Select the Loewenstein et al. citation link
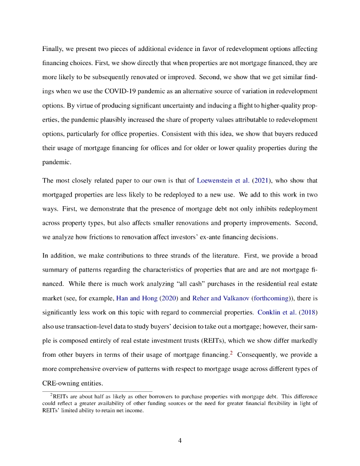coord(217,180)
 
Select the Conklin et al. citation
coord(279,312)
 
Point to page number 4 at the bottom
coord(180,441)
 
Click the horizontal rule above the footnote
coord(97,391)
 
